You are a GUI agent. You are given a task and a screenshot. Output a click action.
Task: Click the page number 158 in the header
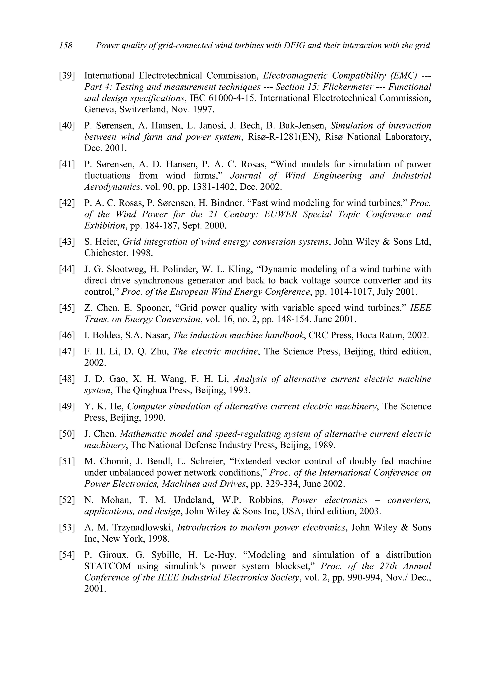coord(66,46)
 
